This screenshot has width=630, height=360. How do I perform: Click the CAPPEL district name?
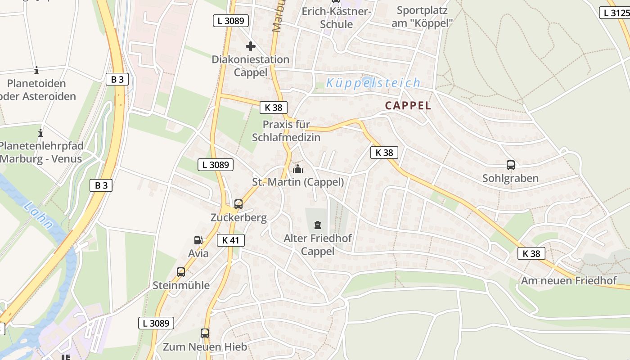tap(408, 106)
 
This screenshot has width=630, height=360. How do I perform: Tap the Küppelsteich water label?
tap(373, 83)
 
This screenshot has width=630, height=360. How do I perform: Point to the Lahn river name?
tap(38, 216)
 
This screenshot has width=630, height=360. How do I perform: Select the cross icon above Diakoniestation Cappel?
tap(251, 46)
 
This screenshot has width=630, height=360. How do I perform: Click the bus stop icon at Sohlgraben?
tap(510, 165)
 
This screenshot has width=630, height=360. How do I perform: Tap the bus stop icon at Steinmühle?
tap(181, 272)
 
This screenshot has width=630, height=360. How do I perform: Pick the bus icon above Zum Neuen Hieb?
tap(205, 333)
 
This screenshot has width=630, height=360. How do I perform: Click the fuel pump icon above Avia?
tap(198, 241)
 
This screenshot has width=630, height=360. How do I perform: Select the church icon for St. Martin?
tap(297, 169)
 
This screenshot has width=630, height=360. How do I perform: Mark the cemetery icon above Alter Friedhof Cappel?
tap(318, 225)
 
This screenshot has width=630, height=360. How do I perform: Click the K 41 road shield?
tap(230, 240)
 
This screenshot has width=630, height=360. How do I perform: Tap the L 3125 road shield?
tap(615, 13)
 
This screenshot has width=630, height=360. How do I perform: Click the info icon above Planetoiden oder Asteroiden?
tap(36, 70)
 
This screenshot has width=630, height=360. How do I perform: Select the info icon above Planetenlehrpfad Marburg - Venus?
tap(40, 133)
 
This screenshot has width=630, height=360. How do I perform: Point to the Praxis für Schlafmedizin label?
tap(286, 131)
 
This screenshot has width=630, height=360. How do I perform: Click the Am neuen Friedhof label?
tap(568, 281)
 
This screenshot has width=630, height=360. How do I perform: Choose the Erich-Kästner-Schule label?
tap(336, 18)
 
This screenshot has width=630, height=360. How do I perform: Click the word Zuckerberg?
tap(238, 218)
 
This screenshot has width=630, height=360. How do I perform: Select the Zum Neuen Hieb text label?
tap(205, 347)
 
